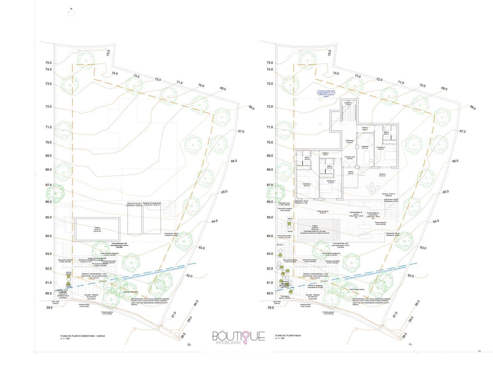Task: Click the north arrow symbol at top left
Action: click(x=71, y=12)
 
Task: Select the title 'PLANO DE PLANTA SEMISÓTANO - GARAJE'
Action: click(x=82, y=335)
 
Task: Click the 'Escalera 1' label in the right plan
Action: click(x=348, y=104)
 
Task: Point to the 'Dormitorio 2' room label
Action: click(x=307, y=185)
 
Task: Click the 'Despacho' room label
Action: click(x=365, y=147)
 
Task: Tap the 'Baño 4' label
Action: click(x=387, y=133)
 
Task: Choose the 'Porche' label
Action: click(x=351, y=172)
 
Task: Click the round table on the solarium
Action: click(x=372, y=189)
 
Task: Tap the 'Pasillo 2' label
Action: click(x=325, y=153)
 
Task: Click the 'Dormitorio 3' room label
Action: click(x=331, y=182)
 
